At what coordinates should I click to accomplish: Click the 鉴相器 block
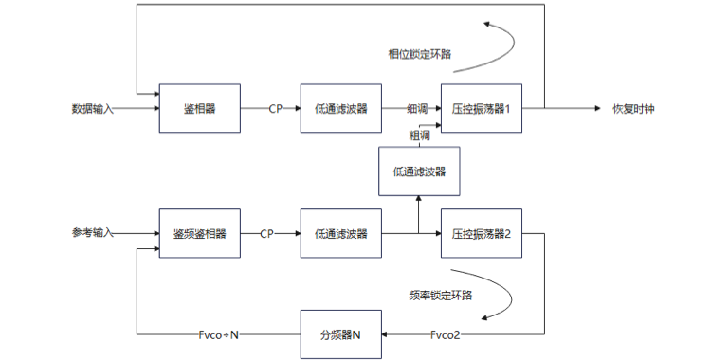tap(199, 109)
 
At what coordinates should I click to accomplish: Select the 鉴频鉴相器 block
tap(199, 234)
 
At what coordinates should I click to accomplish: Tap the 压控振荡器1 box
tap(481, 109)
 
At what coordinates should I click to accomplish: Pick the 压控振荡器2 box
tap(481, 234)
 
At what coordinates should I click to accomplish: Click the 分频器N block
tap(341, 334)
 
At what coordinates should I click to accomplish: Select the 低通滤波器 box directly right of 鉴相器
tap(341, 109)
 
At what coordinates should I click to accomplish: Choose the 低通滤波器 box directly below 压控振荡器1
tap(419, 171)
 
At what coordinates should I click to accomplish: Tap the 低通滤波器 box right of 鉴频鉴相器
tap(341, 234)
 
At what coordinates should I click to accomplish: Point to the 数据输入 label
tap(93, 109)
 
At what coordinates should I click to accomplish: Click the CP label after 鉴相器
tap(275, 109)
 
